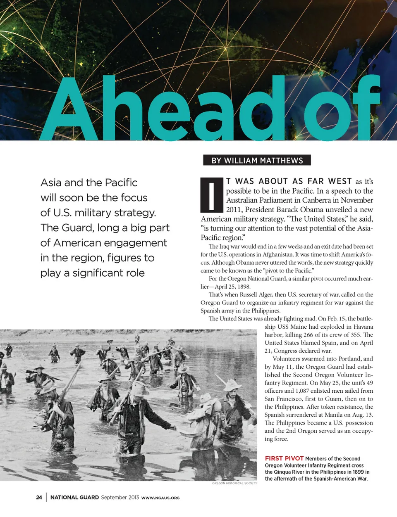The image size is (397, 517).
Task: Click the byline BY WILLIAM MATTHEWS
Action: coord(257,160)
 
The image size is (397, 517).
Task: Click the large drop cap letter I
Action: coord(212,195)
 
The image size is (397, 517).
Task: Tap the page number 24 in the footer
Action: coord(39,497)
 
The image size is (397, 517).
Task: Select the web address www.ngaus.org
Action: coord(160,498)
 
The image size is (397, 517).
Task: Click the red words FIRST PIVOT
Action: coord(284,458)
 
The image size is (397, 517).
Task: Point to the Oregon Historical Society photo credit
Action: coord(234,483)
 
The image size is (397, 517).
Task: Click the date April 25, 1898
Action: coord(233,287)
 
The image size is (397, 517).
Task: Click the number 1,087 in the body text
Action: coord(304,391)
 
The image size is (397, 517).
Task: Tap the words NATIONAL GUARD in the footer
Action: coord(74,497)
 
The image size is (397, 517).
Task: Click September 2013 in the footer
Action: coord(120,497)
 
